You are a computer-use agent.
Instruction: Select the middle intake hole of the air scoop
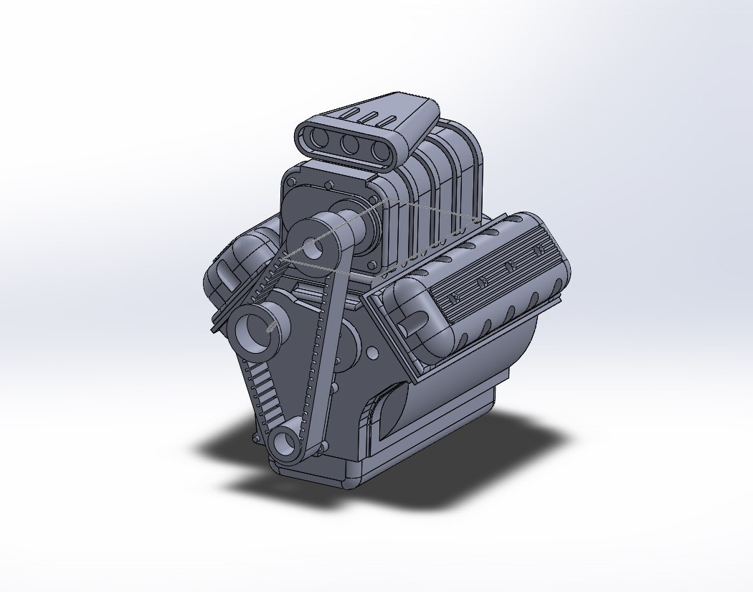[x=350, y=144]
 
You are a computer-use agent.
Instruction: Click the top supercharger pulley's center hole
[x=313, y=249]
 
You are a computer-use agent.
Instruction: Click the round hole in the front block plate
[x=372, y=354]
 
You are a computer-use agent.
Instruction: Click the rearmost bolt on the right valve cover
[x=538, y=249]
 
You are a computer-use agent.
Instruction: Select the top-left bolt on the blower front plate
[x=290, y=183]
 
